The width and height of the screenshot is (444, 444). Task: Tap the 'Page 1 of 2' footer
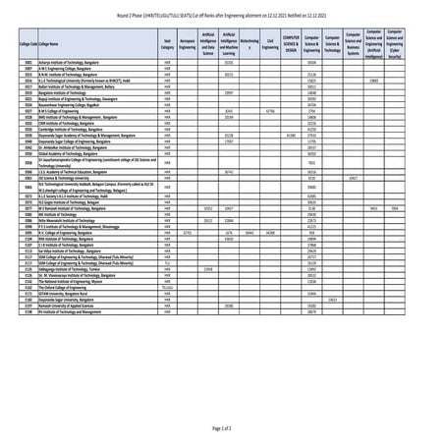click(222, 429)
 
